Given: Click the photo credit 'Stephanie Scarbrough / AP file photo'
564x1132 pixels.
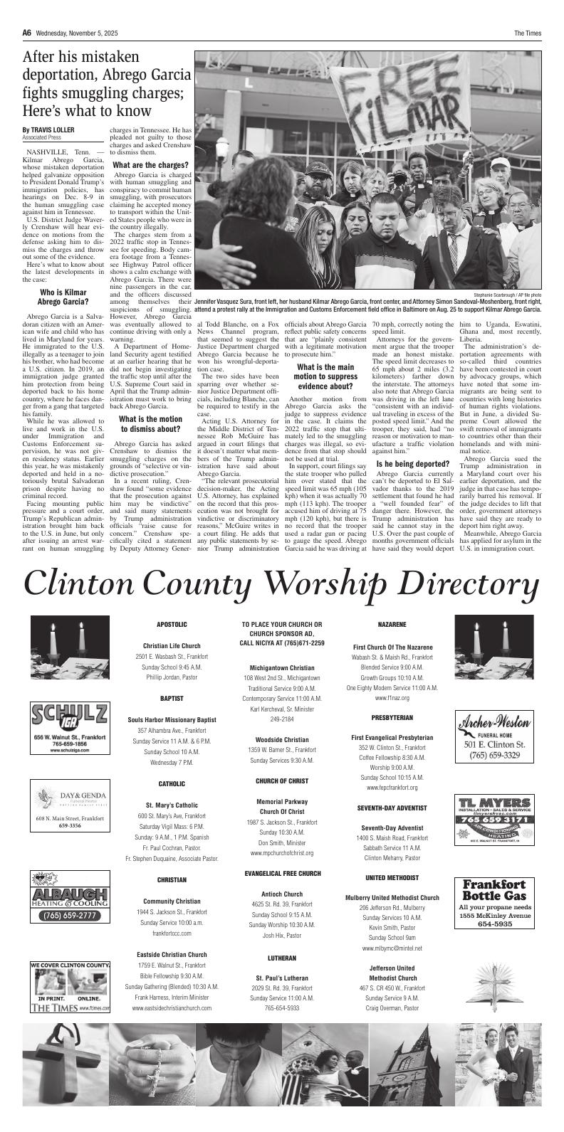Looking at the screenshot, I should (x=507, y=294).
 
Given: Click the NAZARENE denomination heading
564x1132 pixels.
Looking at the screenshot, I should (x=392, y=624).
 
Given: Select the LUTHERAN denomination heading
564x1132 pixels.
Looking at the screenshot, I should (x=282, y=958).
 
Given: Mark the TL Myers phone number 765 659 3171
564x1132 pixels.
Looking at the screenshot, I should (x=495, y=820).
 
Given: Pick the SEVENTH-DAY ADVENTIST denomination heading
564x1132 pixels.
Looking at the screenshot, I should (x=392, y=808).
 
